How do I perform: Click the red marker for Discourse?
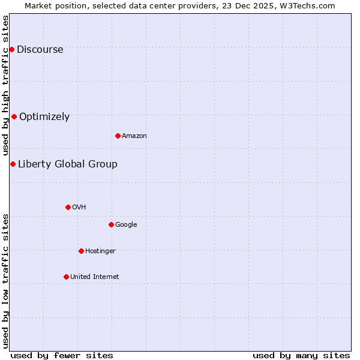[x=11, y=49]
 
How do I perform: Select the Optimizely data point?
[x=14, y=116]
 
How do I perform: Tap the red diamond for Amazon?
[x=118, y=136]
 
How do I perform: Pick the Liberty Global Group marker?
[x=13, y=164]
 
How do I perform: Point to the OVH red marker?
[x=68, y=207]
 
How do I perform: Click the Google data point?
[x=111, y=224]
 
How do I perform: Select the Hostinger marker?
[x=81, y=251]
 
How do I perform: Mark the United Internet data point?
[x=66, y=277]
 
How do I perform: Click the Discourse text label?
[x=40, y=50]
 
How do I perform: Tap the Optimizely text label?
[x=44, y=117]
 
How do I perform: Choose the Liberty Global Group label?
[x=68, y=164]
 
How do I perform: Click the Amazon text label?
[x=134, y=136]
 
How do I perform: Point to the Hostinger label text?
[x=100, y=251]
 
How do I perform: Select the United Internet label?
[x=95, y=277]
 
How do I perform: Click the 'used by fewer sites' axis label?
[x=62, y=355]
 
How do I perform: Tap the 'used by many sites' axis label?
[x=301, y=355]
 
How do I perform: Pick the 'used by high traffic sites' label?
[x=6, y=86]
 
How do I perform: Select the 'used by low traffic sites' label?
[x=6, y=280]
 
